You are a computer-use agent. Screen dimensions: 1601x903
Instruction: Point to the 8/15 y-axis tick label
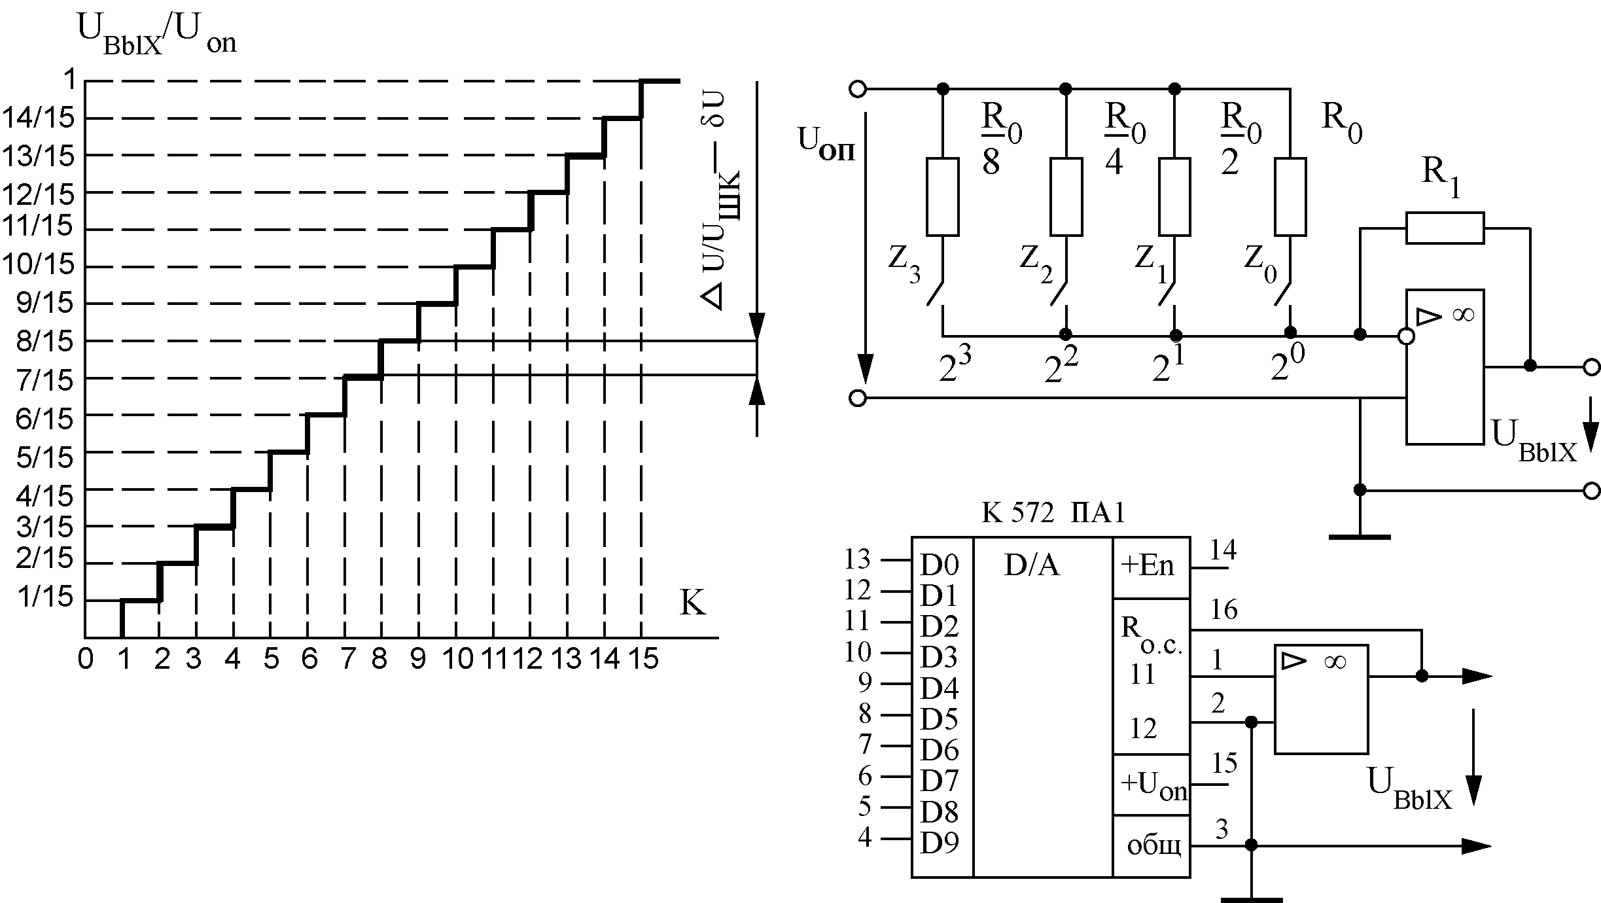click(44, 342)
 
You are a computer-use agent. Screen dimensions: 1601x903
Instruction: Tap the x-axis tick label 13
click(567, 659)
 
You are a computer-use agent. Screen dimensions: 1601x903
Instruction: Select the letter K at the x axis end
click(693, 603)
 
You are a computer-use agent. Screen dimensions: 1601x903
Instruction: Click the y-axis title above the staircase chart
click(157, 36)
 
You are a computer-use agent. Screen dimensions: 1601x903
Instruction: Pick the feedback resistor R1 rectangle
click(1445, 228)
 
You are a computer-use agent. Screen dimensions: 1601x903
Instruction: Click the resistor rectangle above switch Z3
click(943, 196)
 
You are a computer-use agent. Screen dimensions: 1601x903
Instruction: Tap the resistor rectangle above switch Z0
click(1290, 196)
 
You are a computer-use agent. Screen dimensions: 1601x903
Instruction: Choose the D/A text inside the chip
click(1032, 566)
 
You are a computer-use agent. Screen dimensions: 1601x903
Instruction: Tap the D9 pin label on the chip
click(940, 843)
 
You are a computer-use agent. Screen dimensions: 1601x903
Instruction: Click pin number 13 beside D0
click(858, 559)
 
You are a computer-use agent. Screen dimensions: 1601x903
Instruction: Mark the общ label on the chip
click(1153, 846)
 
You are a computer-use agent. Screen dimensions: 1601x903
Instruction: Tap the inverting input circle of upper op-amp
click(1405, 336)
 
